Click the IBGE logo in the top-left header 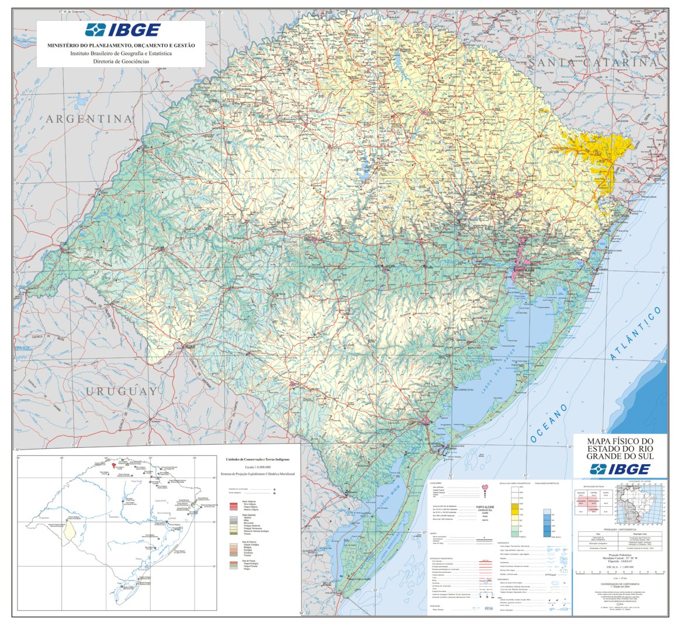point(122,30)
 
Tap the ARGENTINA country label point(89,119)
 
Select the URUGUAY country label point(121,391)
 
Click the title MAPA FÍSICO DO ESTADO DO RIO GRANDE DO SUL point(620,448)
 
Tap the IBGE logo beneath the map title point(620,469)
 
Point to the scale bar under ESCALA point(620,572)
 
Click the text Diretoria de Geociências point(121,61)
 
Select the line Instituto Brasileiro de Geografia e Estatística point(121,53)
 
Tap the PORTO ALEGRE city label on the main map point(525,270)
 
